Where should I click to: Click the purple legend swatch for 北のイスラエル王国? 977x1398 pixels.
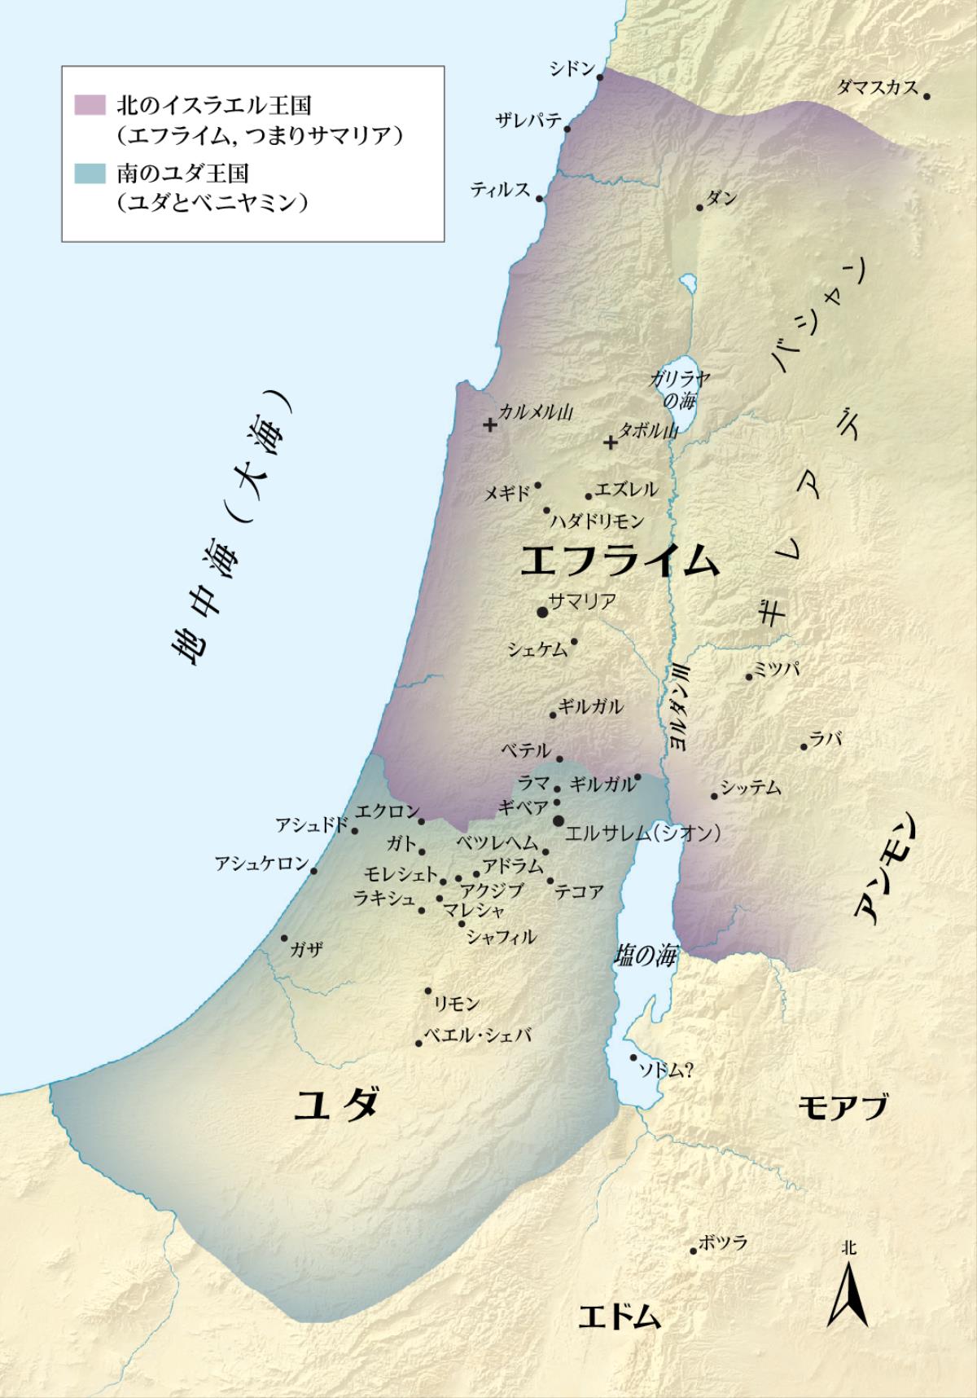tap(90, 105)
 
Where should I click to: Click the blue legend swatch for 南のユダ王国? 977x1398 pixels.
tap(90, 174)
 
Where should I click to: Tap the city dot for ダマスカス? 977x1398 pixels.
tap(927, 96)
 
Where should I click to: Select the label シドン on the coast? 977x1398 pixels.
tap(572, 68)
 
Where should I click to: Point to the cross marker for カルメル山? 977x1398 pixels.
tap(489, 424)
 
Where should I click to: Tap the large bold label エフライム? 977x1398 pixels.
tap(620, 561)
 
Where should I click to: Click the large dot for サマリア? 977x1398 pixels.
tap(542, 611)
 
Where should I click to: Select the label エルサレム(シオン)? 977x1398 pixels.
tap(643, 833)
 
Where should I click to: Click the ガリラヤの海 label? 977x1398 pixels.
tap(680, 389)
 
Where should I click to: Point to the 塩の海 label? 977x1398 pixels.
tap(645, 956)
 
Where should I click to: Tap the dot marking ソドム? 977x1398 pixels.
tap(634, 1057)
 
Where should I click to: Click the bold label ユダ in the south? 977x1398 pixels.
tap(336, 1106)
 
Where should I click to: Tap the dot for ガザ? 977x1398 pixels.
tap(284, 938)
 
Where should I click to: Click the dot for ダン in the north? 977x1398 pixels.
tap(699, 208)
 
